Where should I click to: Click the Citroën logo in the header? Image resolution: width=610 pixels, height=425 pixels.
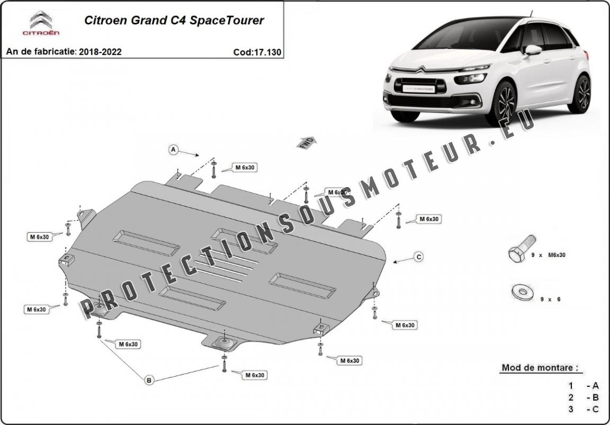click(41, 23)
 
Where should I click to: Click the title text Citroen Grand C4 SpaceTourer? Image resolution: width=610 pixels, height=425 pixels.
click(174, 21)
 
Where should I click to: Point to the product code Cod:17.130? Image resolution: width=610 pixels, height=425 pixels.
click(257, 52)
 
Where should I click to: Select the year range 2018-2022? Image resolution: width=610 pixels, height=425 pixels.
click(100, 52)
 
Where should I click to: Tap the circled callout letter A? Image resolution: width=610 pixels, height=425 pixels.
click(173, 150)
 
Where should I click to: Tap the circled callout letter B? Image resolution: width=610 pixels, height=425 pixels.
click(149, 379)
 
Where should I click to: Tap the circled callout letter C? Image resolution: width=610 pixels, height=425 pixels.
click(418, 257)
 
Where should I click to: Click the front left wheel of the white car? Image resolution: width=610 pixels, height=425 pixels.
click(501, 103)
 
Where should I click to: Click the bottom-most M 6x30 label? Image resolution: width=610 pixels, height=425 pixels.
click(254, 375)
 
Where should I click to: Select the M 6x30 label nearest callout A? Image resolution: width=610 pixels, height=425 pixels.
click(245, 167)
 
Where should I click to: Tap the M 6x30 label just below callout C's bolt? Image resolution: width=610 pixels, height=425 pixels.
click(404, 325)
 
